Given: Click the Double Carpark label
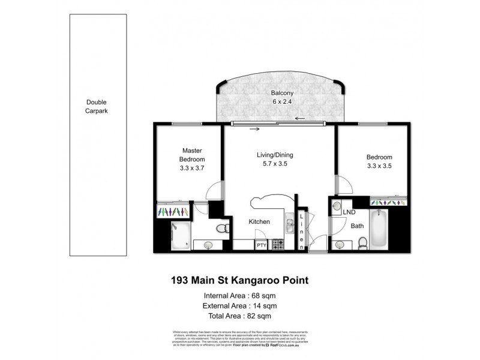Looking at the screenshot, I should (x=96, y=107).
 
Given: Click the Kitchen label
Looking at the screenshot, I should (x=259, y=221).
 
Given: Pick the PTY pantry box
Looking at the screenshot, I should (x=262, y=245).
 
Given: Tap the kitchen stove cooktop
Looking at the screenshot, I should (x=278, y=245).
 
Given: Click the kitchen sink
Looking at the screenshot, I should (x=289, y=226).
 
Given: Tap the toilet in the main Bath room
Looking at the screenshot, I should (x=362, y=242).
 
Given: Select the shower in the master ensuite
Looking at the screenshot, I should (x=180, y=235).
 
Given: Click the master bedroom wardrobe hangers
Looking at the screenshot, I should (x=174, y=212).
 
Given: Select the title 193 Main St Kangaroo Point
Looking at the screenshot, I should (x=240, y=280).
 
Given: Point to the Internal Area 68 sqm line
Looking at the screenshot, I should (x=240, y=295).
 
